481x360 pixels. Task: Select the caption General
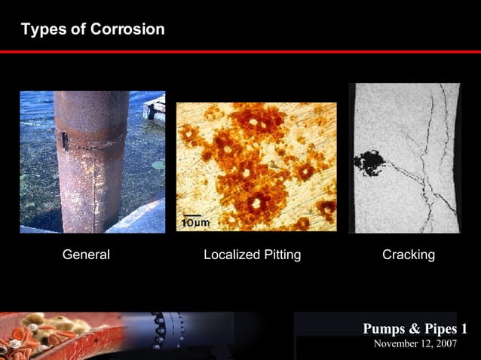click(86, 255)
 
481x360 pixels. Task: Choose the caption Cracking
click(409, 255)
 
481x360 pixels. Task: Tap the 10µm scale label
click(195, 222)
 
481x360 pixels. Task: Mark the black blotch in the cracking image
click(370, 161)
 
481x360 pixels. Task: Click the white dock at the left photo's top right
click(155, 107)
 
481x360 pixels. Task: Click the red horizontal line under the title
click(240, 52)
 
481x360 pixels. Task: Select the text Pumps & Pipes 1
click(415, 328)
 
